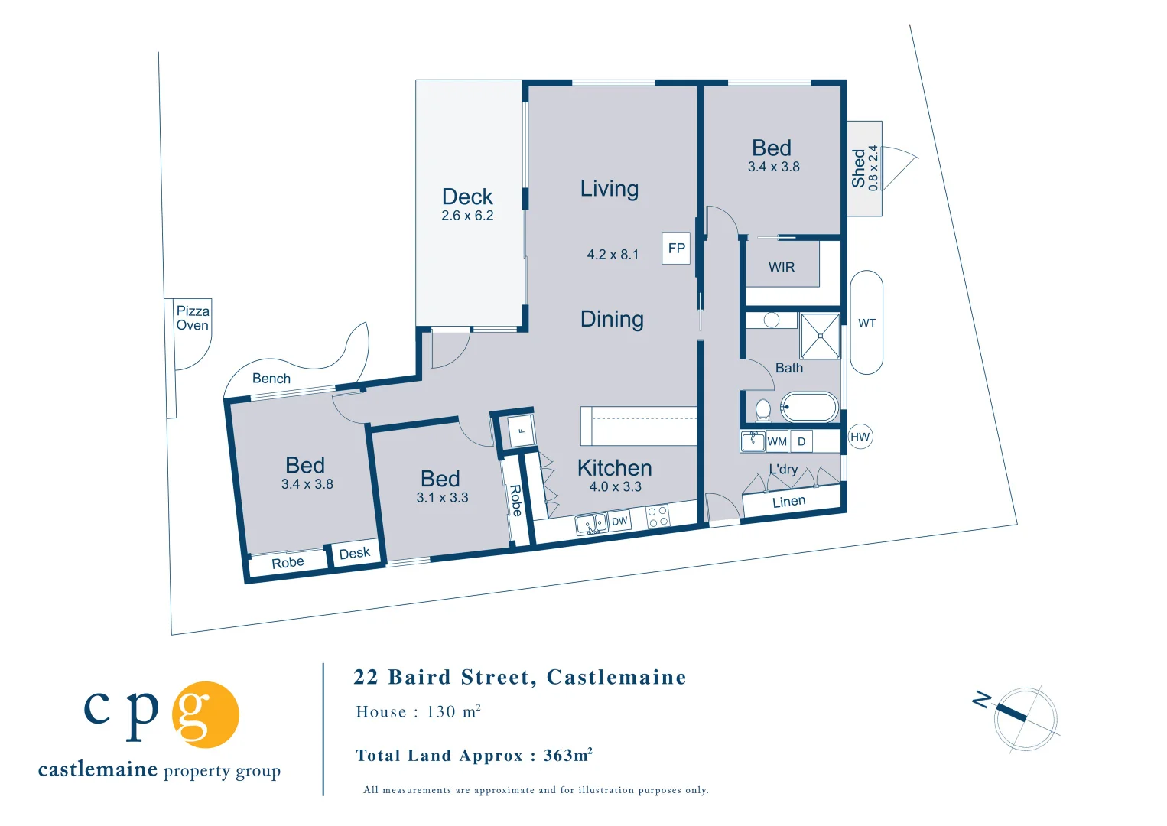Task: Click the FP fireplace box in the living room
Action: (676, 249)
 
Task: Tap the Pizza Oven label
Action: (193, 318)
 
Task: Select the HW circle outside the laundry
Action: (860, 437)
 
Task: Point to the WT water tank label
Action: (866, 324)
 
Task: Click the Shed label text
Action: (859, 168)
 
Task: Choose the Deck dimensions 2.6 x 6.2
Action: (467, 216)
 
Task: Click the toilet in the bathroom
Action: (762, 409)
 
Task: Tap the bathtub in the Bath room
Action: (809, 408)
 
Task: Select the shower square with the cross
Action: (821, 336)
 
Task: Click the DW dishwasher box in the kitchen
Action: (619, 521)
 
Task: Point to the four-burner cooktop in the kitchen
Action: (658, 516)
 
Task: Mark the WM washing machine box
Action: (777, 441)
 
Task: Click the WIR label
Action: (782, 268)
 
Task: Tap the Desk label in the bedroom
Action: (354, 553)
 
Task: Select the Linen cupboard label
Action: (788, 502)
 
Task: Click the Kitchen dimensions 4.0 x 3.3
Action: (615, 487)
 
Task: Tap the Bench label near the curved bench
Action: (271, 379)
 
